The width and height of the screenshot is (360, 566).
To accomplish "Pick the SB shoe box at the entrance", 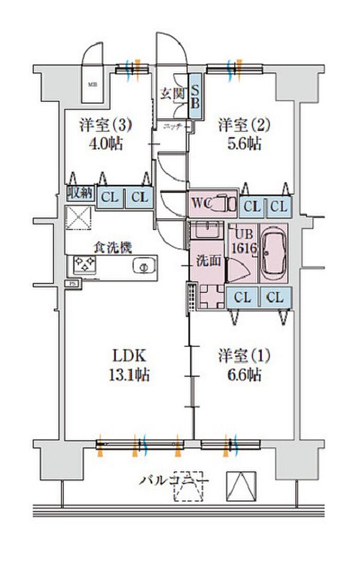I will [x=195, y=96].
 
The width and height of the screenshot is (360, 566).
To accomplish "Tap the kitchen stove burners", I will [x=85, y=266].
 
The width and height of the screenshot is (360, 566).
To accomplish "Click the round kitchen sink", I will [x=143, y=268].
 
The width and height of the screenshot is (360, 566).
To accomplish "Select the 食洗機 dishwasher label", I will [x=113, y=247].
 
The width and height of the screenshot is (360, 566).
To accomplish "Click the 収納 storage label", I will [x=79, y=194].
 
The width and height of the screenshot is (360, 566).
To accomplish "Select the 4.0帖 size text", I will [x=106, y=144].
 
